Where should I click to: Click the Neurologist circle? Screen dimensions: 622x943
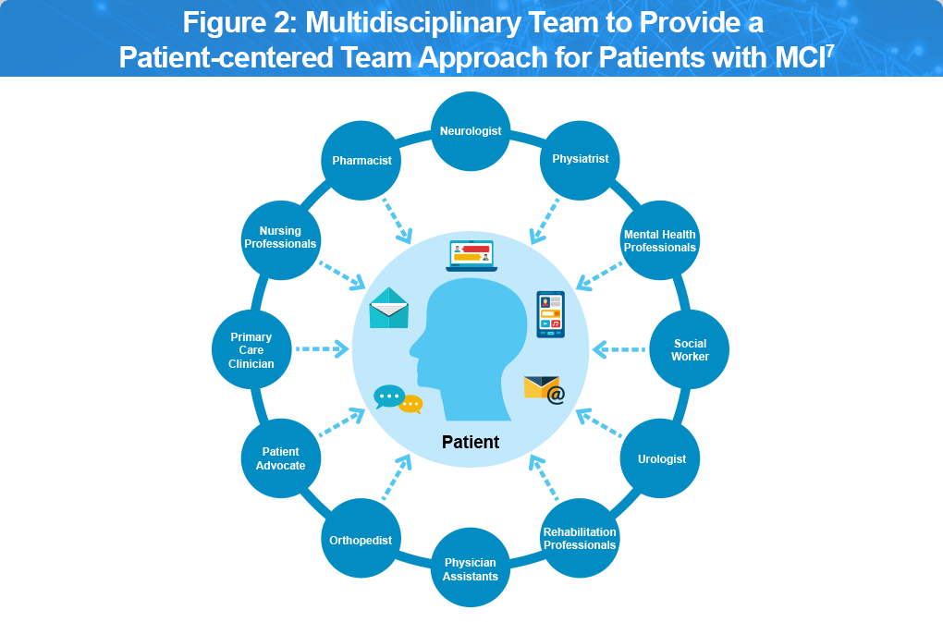point(471,131)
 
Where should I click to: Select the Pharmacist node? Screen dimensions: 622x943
point(361,161)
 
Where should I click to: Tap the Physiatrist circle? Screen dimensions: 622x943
point(580,159)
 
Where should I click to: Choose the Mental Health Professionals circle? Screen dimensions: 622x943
point(659,241)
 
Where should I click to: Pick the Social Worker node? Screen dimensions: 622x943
point(690,350)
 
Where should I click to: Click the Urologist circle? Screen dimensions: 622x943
point(661,458)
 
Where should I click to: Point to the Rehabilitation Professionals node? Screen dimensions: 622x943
point(580,538)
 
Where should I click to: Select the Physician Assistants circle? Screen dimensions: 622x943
point(471,568)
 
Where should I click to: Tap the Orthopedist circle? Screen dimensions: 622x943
point(361,540)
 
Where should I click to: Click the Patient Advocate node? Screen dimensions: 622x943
point(280,458)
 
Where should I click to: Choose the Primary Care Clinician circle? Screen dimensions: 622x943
point(251,350)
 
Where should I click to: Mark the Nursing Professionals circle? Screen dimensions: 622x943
point(280,238)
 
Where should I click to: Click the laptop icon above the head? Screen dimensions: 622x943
point(471,256)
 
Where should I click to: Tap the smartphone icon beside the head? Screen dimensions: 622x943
point(550,314)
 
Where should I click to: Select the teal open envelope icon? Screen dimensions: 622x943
point(389,310)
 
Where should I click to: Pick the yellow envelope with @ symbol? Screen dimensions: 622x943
point(544,389)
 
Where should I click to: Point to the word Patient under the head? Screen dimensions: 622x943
point(471,442)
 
